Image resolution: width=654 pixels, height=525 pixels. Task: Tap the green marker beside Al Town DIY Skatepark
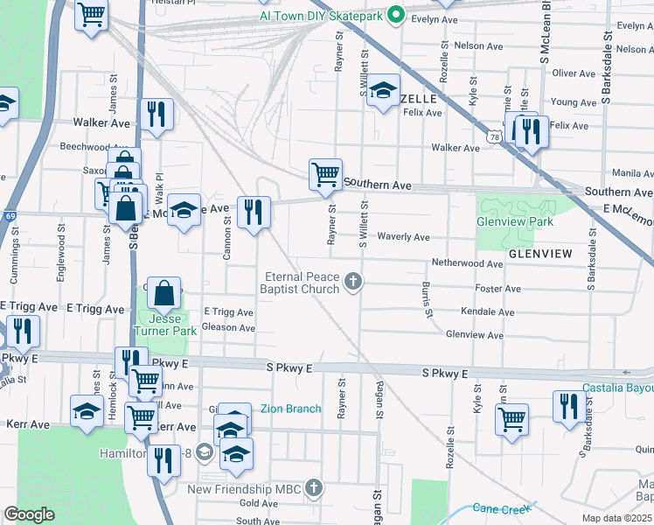point(394,15)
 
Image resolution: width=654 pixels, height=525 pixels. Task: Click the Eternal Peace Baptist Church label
point(303,283)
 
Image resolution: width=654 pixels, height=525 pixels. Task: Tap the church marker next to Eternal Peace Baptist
point(353,281)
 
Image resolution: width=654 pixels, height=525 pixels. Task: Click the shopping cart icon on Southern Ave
point(325,174)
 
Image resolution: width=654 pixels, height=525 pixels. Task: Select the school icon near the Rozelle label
point(383,91)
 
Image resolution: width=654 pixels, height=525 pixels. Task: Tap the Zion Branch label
point(290,409)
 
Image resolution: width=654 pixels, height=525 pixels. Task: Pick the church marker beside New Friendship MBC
point(313,486)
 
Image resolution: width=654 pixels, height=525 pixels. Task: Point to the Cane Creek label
point(497,508)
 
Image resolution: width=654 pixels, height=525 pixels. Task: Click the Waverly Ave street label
point(403,237)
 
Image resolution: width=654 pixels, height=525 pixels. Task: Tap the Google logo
point(29,514)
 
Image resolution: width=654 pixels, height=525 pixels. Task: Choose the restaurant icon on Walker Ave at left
point(157,114)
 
